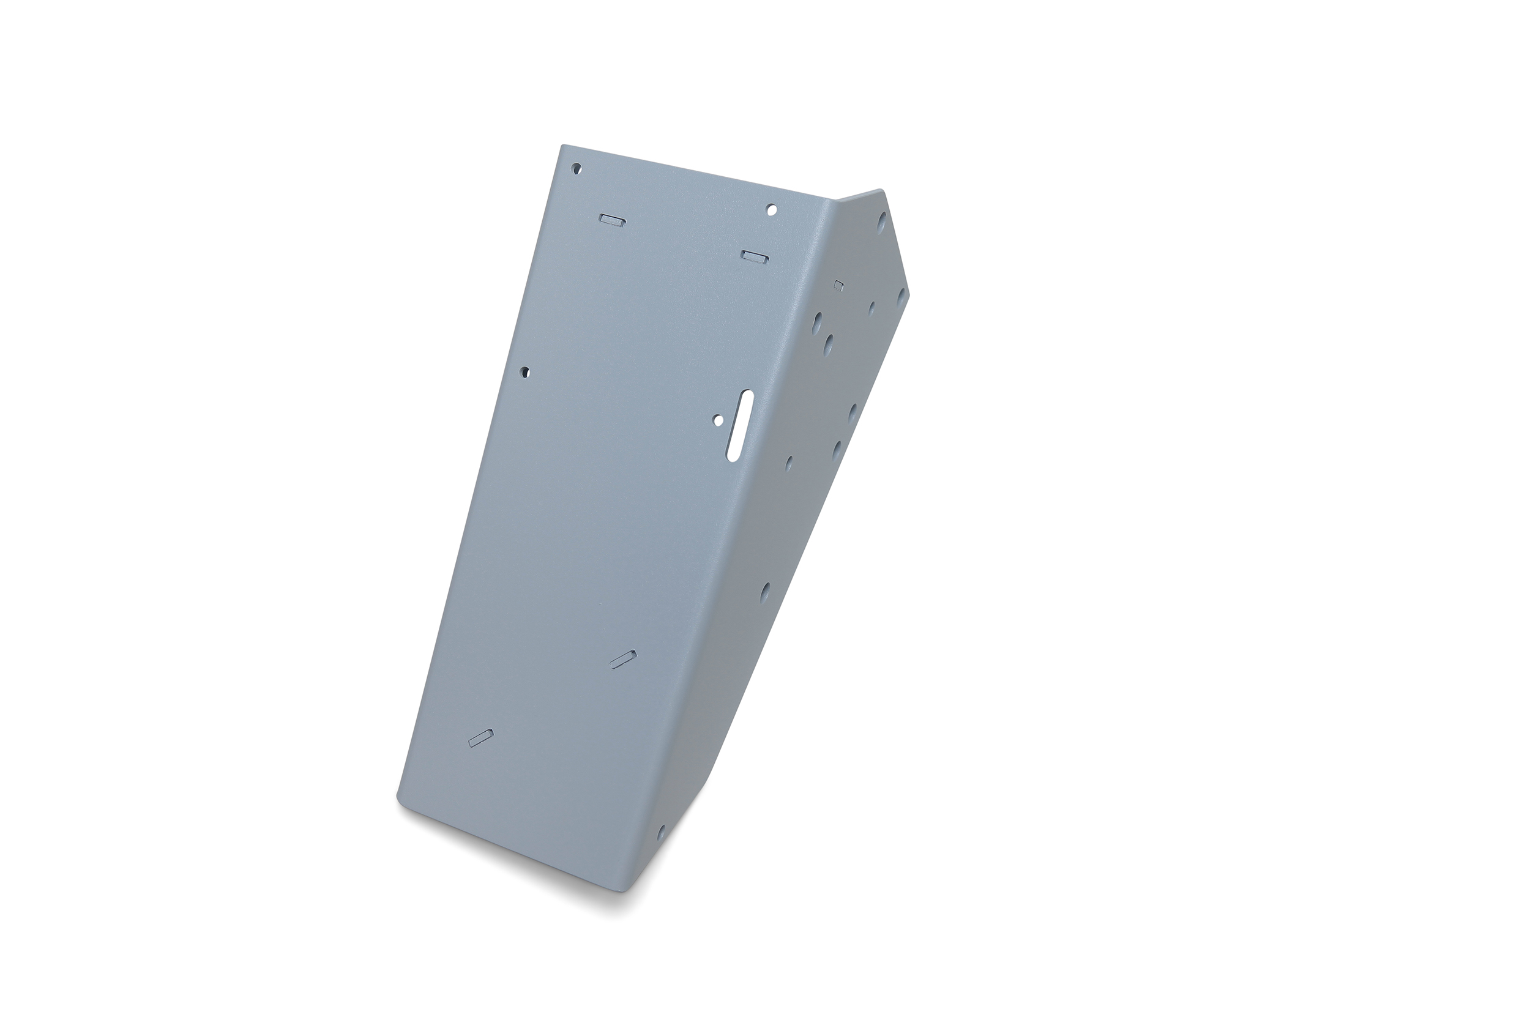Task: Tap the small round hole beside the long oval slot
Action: [x=718, y=420]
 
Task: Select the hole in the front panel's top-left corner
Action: [x=577, y=168]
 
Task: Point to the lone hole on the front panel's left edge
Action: [x=525, y=372]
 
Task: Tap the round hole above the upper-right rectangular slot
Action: [x=772, y=209]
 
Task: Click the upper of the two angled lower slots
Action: [x=623, y=658]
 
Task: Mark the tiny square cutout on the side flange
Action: [x=838, y=285]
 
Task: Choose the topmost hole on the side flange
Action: [x=881, y=223]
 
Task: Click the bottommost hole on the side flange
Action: [x=661, y=831]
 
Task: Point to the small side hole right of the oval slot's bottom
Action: [x=789, y=463]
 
